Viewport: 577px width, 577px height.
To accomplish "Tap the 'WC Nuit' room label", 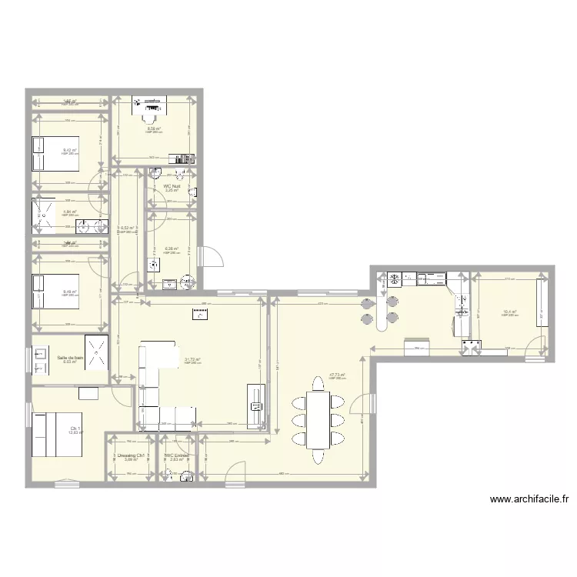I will [172, 186].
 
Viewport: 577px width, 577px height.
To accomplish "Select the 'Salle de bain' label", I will [70, 358].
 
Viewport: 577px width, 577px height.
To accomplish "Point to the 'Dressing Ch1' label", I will [132, 455].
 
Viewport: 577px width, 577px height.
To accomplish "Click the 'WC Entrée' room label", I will [177, 455].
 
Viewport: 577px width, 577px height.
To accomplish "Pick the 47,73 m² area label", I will [337, 375].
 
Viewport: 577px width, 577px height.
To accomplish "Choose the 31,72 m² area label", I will [192, 359].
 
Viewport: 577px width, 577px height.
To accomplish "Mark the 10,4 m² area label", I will [509, 312].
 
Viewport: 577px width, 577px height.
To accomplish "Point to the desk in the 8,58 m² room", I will [149, 102].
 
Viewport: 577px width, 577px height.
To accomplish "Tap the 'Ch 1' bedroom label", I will [75, 429].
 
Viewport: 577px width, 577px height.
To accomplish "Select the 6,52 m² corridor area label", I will [128, 228].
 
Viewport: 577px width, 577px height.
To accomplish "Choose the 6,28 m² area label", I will [171, 248].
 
